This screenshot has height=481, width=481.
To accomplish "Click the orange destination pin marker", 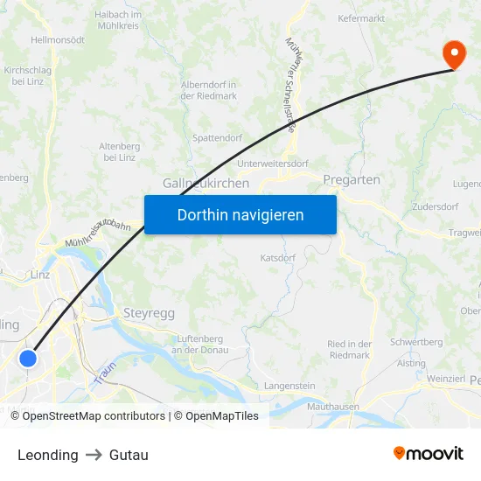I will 455,53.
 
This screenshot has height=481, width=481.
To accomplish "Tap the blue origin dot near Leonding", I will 29,358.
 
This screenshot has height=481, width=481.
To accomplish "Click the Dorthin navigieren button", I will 240,214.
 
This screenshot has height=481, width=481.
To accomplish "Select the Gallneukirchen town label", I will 206,184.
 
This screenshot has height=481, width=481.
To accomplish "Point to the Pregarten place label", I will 352,179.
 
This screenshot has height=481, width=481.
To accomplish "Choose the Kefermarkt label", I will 361,18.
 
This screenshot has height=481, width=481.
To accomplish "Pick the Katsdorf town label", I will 278,258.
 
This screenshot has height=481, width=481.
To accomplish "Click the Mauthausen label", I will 333,407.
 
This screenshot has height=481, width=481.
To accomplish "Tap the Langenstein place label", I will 289,386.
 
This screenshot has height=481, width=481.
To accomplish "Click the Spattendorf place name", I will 216,138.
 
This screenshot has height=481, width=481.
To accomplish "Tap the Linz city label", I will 40,275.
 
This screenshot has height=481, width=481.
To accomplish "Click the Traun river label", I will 104,374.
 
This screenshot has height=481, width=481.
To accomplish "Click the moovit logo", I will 428,454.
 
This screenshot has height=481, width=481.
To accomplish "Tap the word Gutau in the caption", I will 129,455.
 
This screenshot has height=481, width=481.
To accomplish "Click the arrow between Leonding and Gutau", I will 94,455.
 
